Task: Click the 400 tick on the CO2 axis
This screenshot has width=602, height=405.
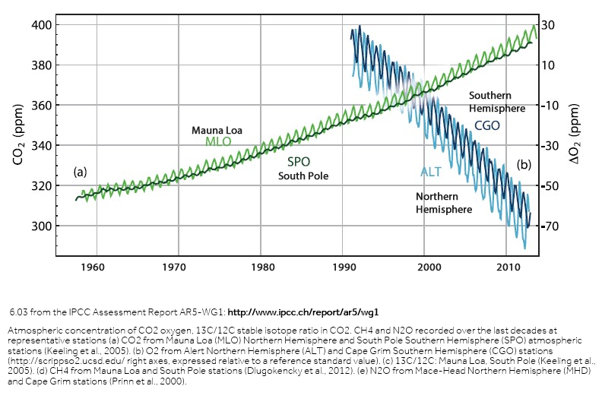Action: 43,24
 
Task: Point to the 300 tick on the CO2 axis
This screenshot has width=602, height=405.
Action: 43,226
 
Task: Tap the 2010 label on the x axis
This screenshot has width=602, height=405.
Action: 512,267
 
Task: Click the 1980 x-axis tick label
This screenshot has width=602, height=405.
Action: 261,267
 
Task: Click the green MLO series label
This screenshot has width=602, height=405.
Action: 217,141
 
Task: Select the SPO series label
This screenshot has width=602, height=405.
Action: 299,162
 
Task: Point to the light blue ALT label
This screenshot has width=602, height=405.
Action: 431,172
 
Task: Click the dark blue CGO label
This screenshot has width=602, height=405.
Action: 487,125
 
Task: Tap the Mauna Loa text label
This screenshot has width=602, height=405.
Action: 217,130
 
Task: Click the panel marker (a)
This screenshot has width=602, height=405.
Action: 81,172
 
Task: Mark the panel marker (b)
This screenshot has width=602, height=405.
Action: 524,164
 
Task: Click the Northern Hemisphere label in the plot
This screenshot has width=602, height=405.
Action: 444,202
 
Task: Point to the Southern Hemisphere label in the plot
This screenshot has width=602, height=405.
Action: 496,102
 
